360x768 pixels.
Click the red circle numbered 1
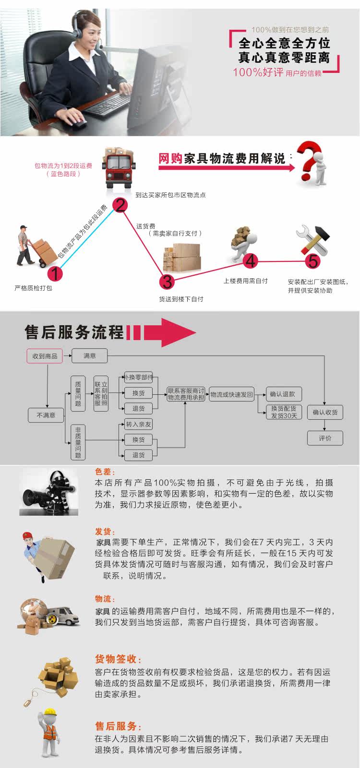tap(56, 273)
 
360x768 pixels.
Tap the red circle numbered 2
tap(120, 205)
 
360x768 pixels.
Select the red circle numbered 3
tap(167, 281)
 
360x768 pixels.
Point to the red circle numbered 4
tap(251, 261)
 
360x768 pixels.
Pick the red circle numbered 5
tap(313, 261)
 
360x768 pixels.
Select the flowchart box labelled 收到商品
tap(44, 356)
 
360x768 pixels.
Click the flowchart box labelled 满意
tap(90, 355)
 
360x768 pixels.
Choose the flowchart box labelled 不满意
tap(46, 415)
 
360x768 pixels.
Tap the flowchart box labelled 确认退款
tap(283, 394)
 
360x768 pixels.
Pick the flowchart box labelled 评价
tap(325, 438)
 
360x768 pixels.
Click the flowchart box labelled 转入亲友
tap(138, 424)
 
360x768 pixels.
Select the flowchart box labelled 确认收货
tap(325, 412)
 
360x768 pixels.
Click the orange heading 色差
tap(105, 472)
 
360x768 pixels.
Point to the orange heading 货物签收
tap(118, 659)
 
